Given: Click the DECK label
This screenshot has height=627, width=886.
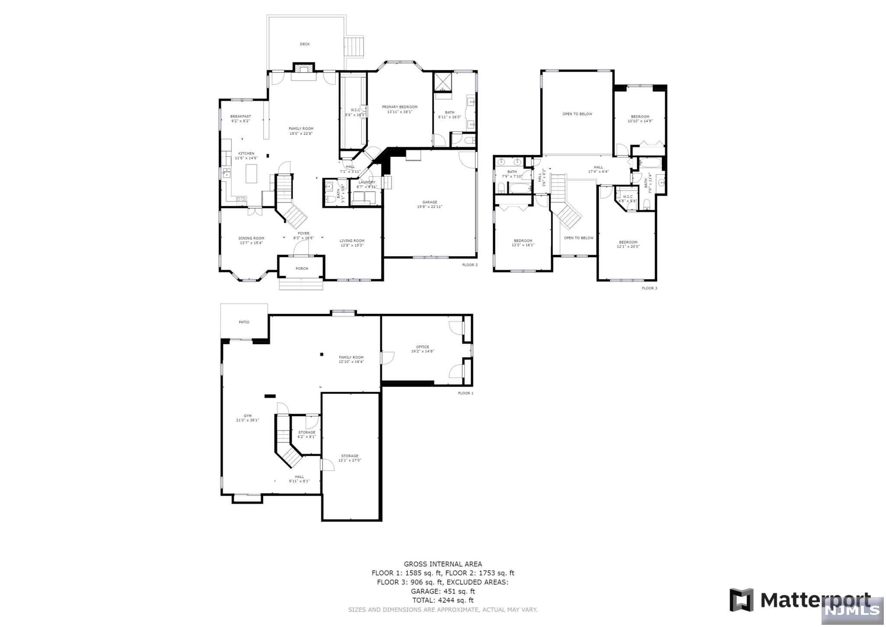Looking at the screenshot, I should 305,44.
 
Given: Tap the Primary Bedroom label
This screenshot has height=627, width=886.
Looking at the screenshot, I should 399,109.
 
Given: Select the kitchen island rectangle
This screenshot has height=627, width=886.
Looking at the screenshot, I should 251,173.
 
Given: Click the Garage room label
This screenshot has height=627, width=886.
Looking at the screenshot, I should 430,204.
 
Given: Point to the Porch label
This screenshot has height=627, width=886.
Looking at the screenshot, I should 302,268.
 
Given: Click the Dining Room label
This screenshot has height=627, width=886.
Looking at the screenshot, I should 251,240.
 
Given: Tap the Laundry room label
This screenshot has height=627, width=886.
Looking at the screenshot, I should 367,184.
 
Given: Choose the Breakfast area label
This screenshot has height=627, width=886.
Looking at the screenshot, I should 241,119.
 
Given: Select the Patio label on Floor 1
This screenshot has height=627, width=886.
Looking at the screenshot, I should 244,322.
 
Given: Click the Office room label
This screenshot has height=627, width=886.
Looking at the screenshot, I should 422,349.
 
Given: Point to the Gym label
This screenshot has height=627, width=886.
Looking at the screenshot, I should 247,418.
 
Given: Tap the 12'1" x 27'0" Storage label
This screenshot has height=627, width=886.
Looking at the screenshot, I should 350,458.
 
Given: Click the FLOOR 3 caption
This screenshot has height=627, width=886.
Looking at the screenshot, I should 649,288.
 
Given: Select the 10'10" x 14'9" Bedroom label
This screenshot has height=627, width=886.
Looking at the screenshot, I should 640,119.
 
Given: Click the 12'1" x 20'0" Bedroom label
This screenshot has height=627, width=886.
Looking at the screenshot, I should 628,244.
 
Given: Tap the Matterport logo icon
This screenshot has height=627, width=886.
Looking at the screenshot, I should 742,600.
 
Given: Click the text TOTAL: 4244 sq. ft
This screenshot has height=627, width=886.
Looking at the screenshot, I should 443,600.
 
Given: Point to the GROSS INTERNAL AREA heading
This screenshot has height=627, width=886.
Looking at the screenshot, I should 443,564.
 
